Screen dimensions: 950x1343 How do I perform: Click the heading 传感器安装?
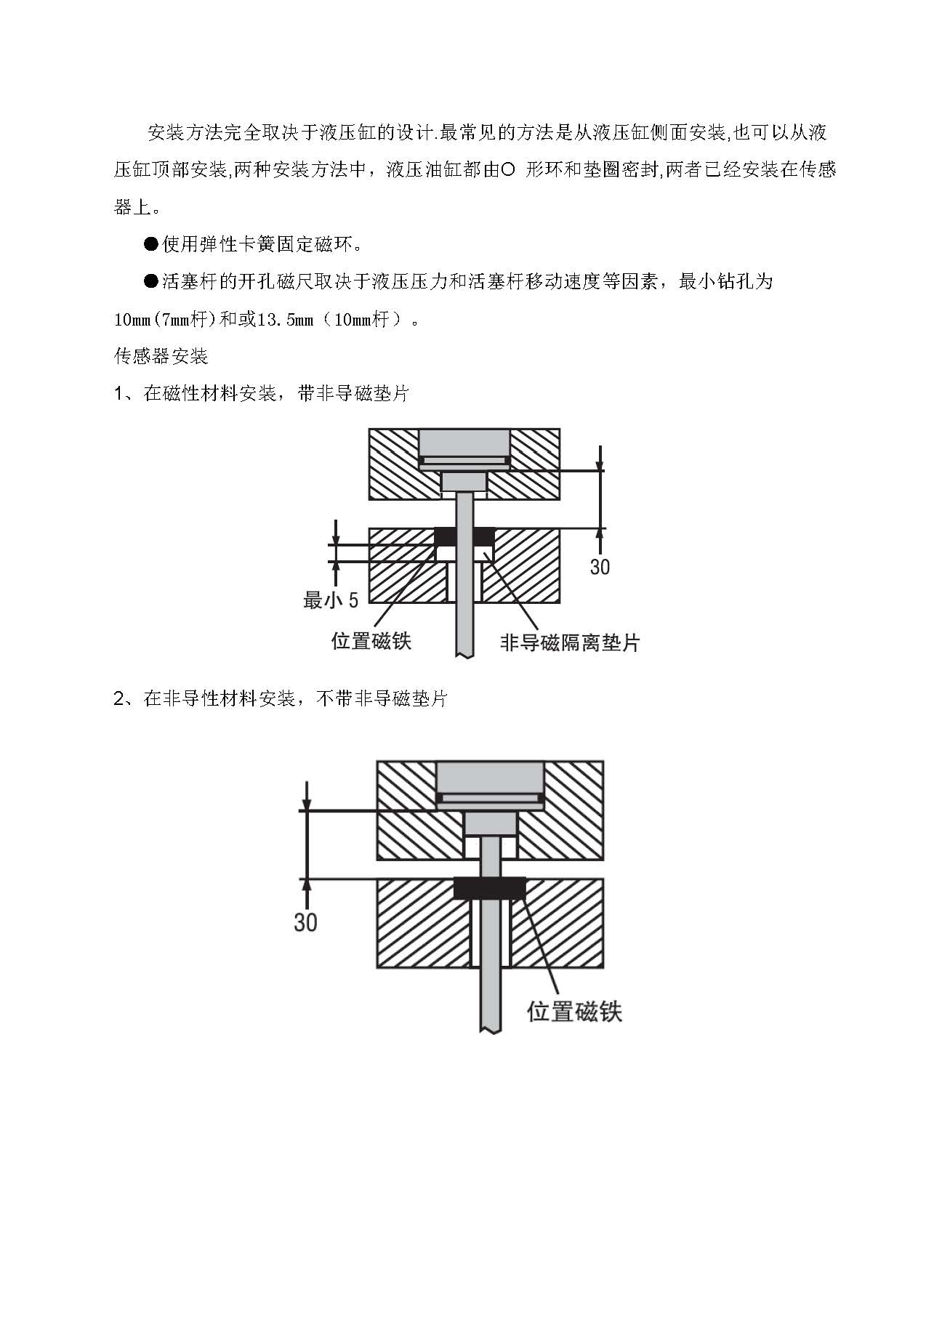tap(161, 356)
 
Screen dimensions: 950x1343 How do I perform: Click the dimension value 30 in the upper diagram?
tap(600, 566)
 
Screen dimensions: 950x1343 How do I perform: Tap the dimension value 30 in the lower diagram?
tap(305, 922)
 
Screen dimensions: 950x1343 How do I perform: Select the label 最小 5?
tap(331, 600)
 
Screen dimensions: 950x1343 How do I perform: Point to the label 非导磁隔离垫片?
tap(570, 642)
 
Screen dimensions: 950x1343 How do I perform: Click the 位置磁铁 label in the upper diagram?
tap(371, 640)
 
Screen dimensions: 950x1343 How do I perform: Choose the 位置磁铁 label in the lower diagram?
tap(574, 1012)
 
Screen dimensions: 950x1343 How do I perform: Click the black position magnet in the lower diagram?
tap(489, 888)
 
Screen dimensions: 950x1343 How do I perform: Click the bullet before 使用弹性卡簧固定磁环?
tap(151, 243)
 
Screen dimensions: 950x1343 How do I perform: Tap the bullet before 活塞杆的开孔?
tap(151, 281)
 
